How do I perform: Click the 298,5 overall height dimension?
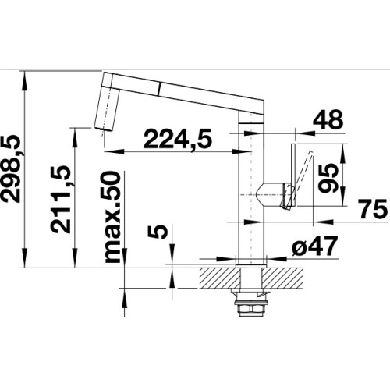coord(11,168)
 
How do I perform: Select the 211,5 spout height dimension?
coord(60,199)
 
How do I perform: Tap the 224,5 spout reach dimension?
coord(178,139)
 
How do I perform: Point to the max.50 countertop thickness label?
coord(112,217)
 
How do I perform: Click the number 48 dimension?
coord(328,120)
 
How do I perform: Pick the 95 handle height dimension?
coord(328,178)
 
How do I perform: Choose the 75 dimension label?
coord(374,209)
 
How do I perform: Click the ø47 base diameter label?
coord(314,246)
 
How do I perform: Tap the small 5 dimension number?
coord(157,232)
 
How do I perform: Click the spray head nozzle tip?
coord(103,129)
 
